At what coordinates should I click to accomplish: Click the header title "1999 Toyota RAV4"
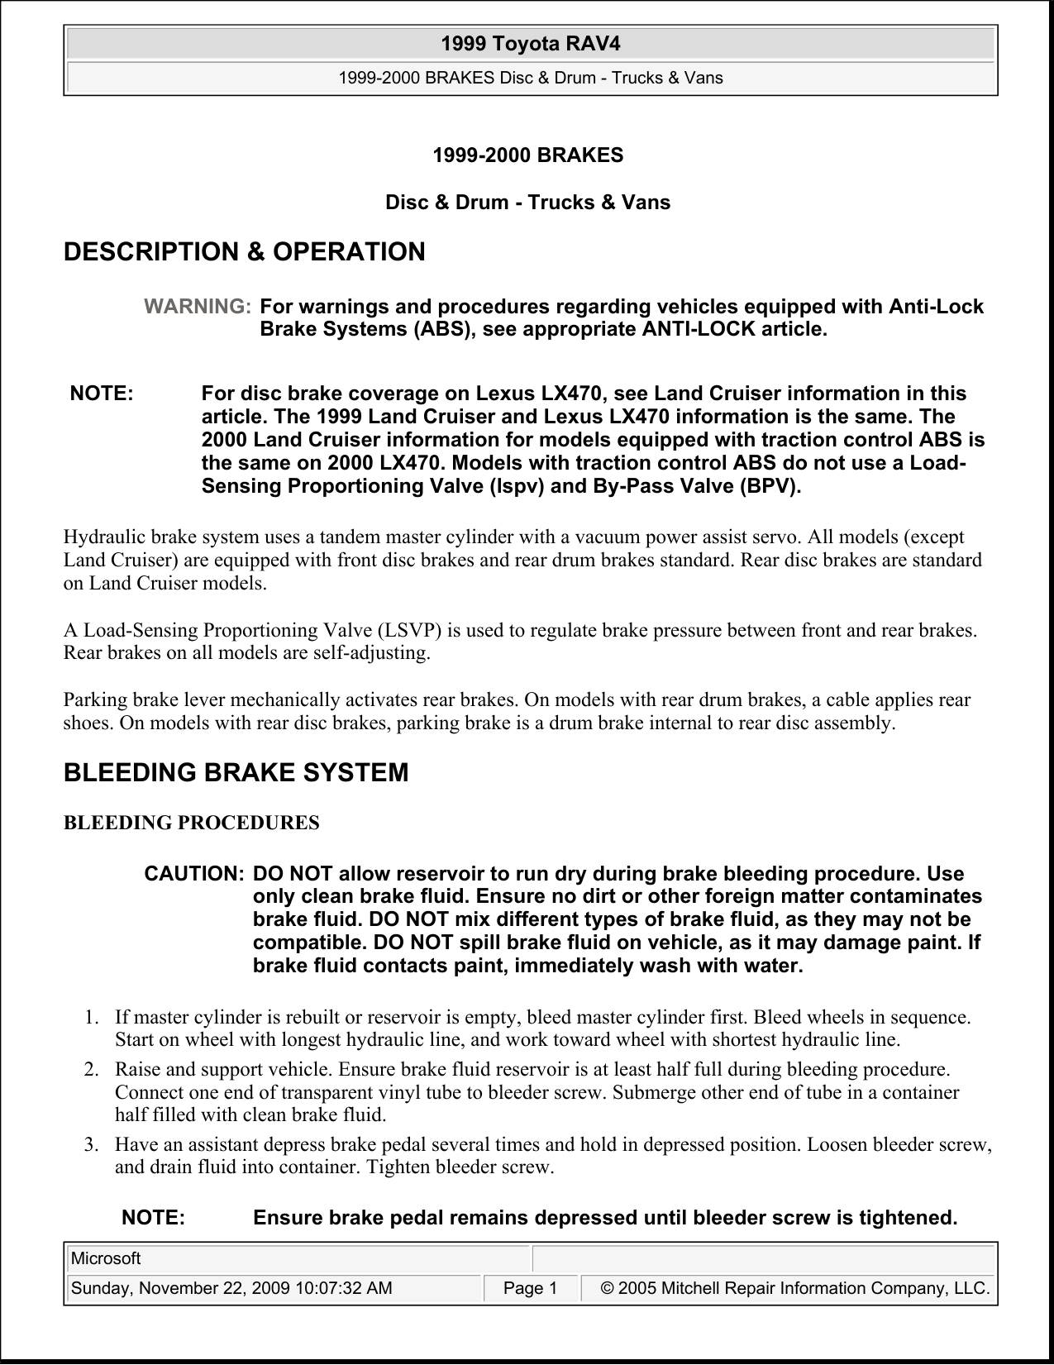click(530, 43)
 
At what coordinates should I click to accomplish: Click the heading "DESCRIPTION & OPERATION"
click(245, 252)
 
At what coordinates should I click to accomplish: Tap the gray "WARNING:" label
click(198, 307)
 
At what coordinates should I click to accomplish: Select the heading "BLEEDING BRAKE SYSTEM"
click(236, 773)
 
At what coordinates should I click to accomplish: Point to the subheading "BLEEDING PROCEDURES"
click(192, 823)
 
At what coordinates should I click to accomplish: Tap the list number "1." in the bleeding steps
click(92, 1017)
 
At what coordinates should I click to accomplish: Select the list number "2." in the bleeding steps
click(92, 1069)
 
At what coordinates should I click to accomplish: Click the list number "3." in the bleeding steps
click(92, 1145)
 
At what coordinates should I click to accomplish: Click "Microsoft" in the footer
click(106, 1259)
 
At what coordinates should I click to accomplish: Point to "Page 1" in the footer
click(530, 1288)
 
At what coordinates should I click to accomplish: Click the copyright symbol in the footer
click(608, 1288)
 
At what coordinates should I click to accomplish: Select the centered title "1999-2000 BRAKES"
click(528, 155)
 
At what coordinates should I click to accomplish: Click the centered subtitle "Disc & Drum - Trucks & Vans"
click(528, 203)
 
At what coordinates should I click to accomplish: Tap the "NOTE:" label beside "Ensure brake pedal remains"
click(154, 1218)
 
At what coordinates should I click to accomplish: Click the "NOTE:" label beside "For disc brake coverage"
click(102, 394)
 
